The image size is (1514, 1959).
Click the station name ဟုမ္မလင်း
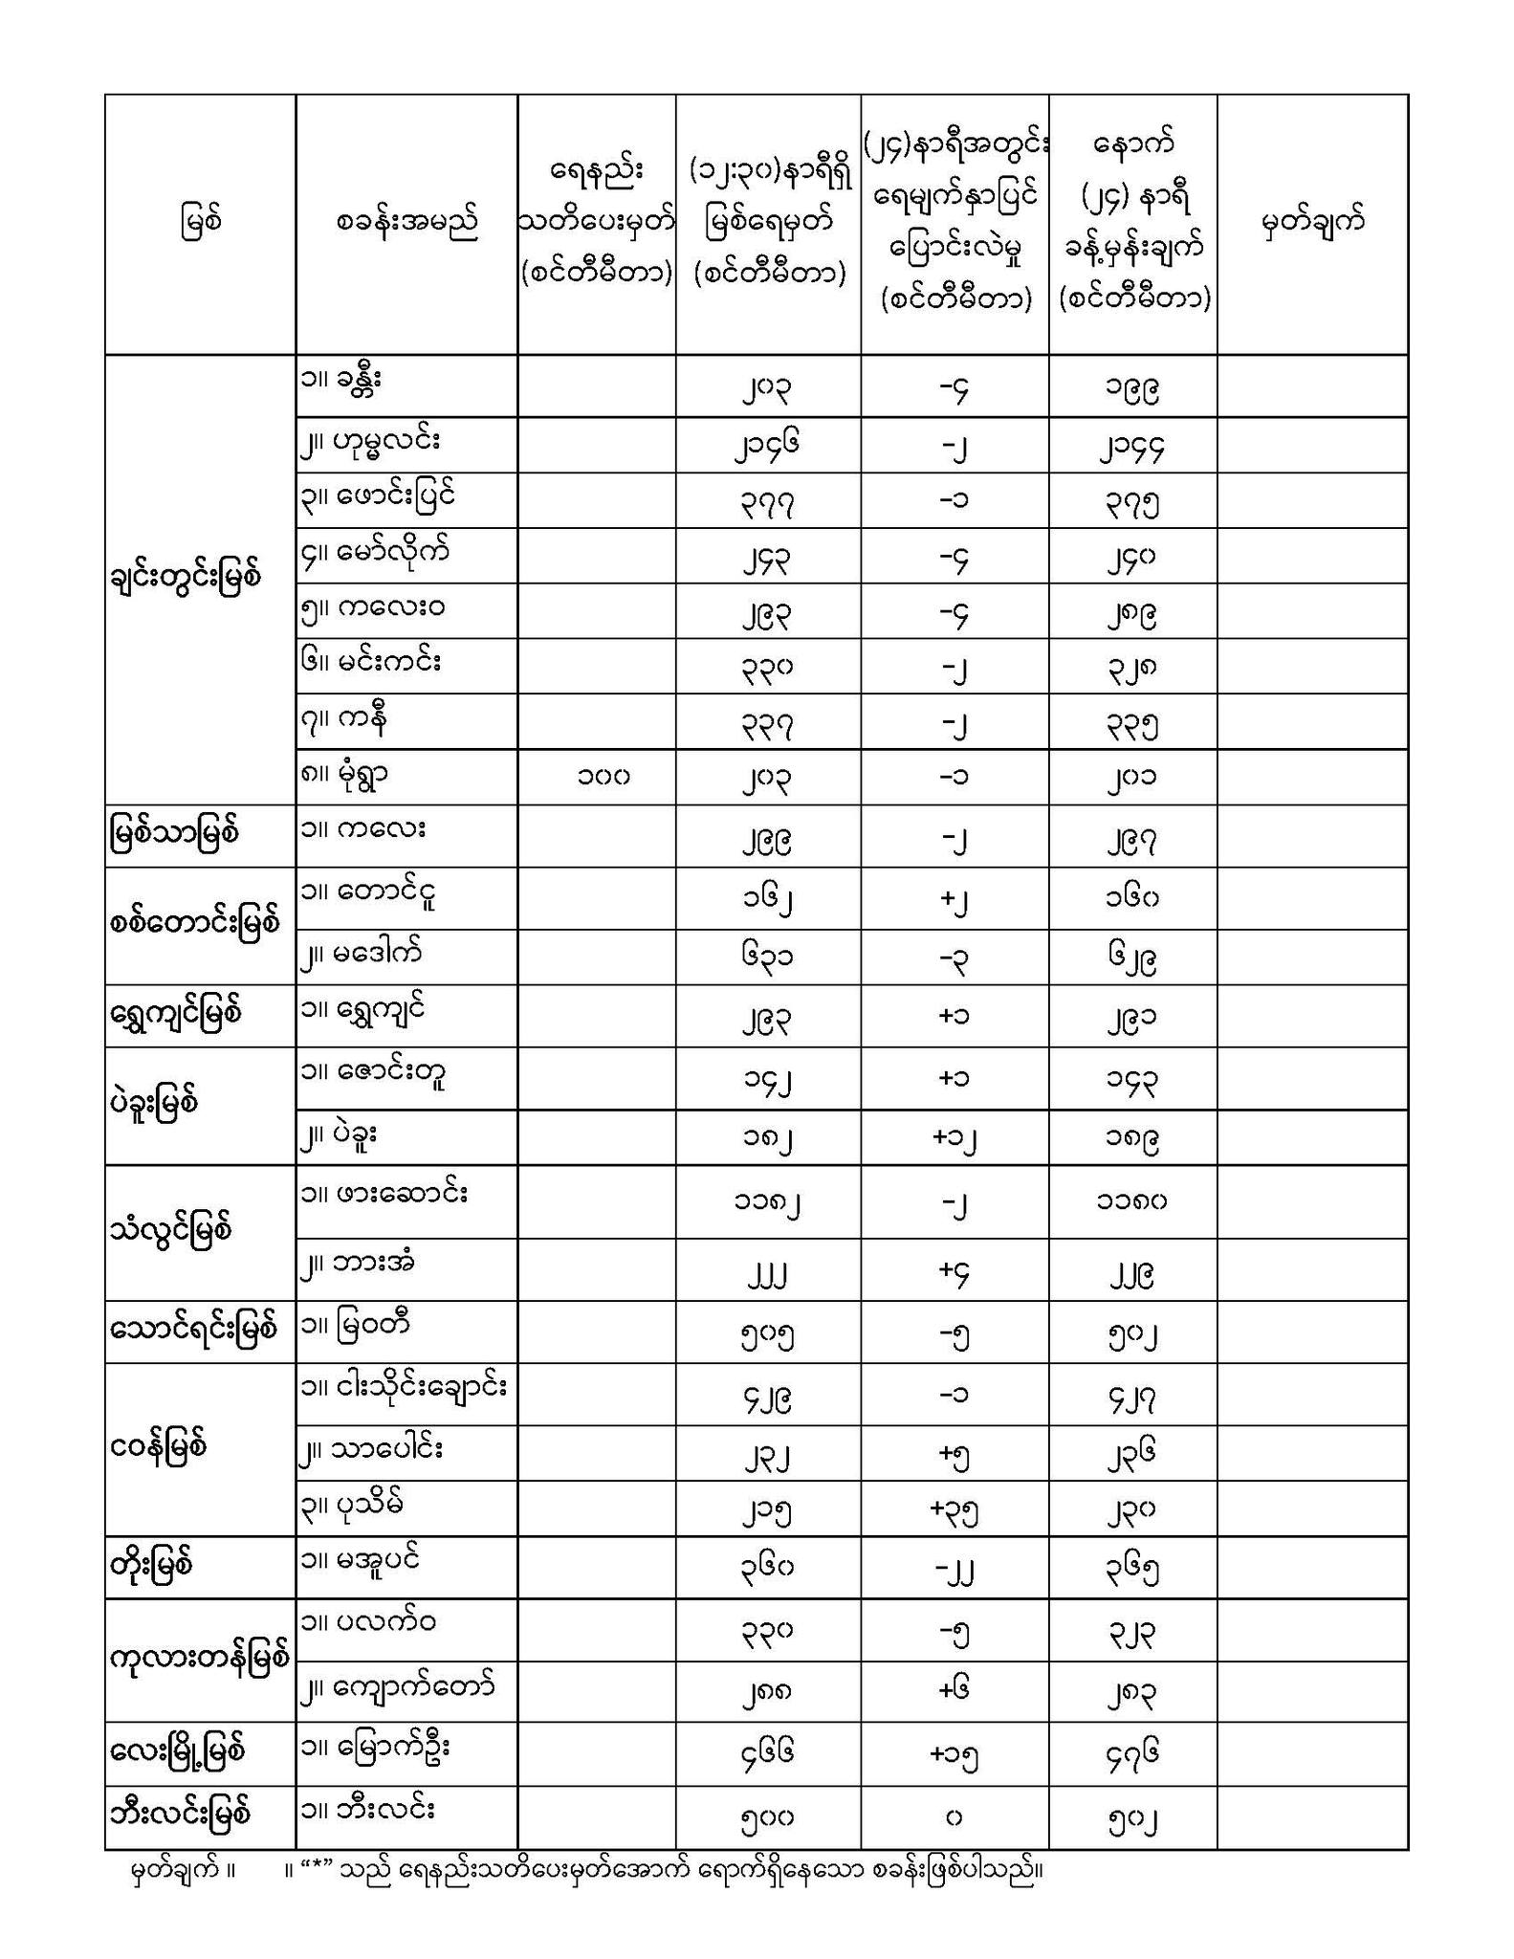click(x=383, y=442)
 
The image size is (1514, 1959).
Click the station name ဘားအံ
click(x=371, y=1263)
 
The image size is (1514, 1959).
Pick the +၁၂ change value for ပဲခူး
click(x=954, y=1136)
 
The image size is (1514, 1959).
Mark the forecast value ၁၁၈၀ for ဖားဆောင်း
click(x=1132, y=1200)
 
